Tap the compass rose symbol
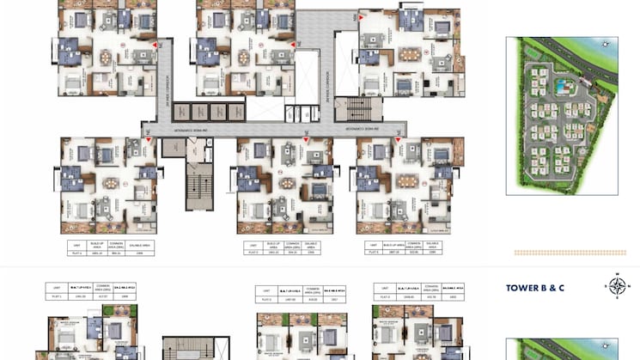click(617, 285)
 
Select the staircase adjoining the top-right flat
click(353, 108)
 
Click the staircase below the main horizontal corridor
click(198, 184)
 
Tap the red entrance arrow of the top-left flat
click(155, 44)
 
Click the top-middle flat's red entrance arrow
click(292, 44)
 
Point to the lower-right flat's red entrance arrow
click(397, 139)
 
